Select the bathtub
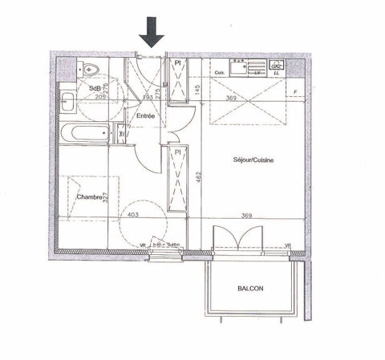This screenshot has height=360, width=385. click(87, 132)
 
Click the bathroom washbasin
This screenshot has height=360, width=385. click(67, 102)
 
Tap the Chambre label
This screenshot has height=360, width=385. click(89, 196)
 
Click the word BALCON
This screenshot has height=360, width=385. click(250, 289)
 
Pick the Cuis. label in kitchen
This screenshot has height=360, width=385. click(220, 74)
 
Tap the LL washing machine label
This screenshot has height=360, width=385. click(277, 74)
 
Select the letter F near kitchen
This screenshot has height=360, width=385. click(295, 92)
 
